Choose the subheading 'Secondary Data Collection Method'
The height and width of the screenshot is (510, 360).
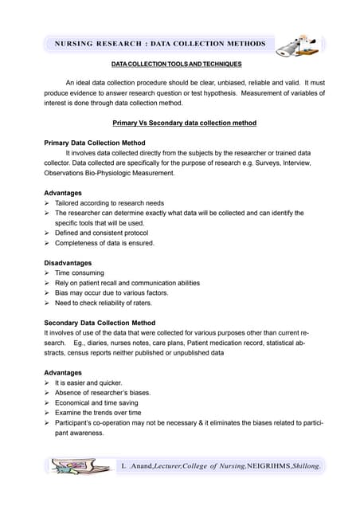[x=105, y=323]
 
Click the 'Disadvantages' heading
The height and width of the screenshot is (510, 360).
[x=68, y=263]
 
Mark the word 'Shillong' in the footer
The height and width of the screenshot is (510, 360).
[x=305, y=465]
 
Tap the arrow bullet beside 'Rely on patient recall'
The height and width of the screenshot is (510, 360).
[x=48, y=283]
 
